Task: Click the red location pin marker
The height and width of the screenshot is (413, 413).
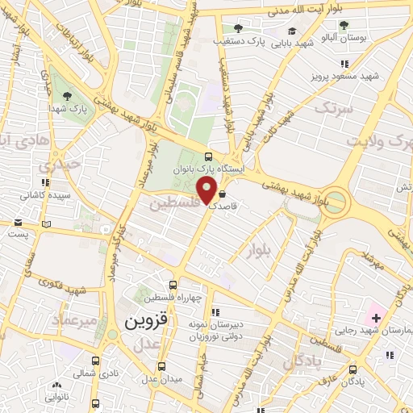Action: (x=208, y=192)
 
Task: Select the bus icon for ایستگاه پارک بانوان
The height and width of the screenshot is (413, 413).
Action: (x=210, y=157)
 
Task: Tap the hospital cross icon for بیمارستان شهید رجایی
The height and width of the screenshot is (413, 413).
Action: (x=375, y=319)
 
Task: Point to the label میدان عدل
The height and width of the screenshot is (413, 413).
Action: (x=162, y=378)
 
